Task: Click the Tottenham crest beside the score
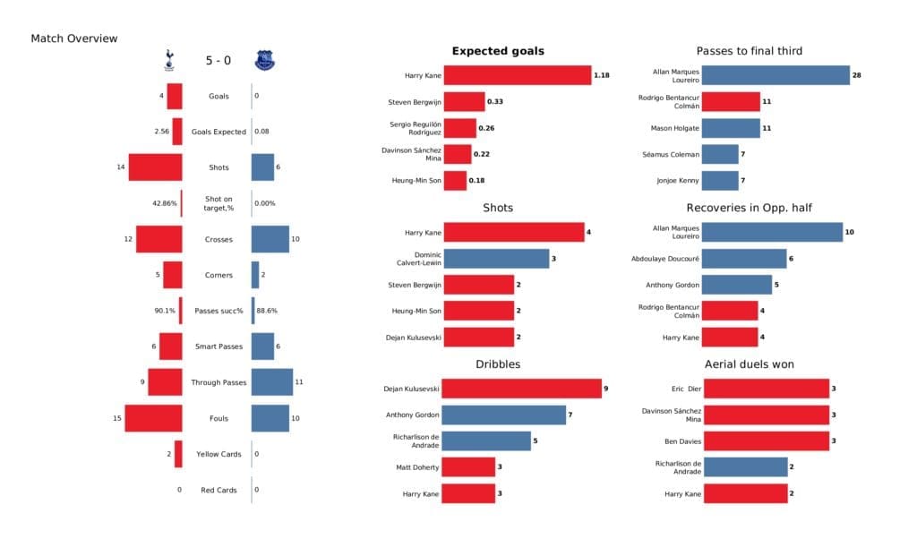tap(167, 60)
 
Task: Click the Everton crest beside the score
tap(264, 60)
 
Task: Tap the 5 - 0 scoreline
tap(216, 61)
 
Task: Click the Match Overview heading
tap(73, 38)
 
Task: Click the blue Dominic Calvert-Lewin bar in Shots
tap(496, 259)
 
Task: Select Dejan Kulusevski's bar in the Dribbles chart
tap(522, 389)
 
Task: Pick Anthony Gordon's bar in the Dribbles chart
tap(504, 415)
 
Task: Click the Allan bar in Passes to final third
tap(775, 75)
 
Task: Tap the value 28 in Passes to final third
tap(857, 75)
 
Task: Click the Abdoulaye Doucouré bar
tap(743, 259)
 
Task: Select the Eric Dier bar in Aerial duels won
tap(765, 389)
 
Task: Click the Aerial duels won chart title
tap(750, 364)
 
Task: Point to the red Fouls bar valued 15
tap(153, 418)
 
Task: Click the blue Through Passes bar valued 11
tap(272, 382)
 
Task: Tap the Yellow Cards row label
tap(219, 454)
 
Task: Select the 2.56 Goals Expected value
tap(162, 132)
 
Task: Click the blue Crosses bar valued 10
tap(270, 239)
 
